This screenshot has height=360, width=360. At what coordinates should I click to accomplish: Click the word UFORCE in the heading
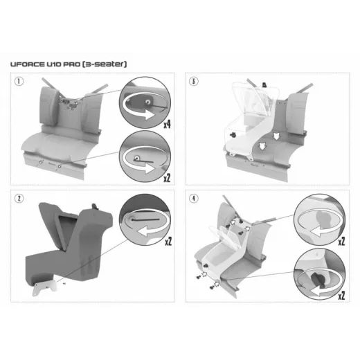click(27, 64)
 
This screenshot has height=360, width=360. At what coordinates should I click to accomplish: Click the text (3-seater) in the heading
click(105, 64)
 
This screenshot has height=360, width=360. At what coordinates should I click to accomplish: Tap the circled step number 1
click(19, 81)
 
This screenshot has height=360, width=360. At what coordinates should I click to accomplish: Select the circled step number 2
click(19, 199)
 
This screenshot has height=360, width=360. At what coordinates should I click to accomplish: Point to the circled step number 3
click(193, 81)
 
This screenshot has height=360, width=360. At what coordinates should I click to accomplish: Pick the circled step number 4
click(193, 199)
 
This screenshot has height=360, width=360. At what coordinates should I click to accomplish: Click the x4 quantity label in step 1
click(167, 125)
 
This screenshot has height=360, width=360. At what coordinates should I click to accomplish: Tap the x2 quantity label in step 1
click(167, 178)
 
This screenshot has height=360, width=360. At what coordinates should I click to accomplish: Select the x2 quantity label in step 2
click(168, 242)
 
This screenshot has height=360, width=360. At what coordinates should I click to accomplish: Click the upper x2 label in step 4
click(341, 242)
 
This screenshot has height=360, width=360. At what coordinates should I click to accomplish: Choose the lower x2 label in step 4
click(341, 296)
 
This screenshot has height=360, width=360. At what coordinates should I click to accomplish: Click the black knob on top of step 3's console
click(264, 85)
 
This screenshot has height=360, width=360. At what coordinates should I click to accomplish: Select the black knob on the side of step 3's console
click(233, 135)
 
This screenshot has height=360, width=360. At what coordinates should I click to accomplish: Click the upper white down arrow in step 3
click(276, 136)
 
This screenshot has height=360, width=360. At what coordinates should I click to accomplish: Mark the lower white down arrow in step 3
click(262, 146)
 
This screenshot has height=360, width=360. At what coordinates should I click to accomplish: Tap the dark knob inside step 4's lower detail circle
click(318, 279)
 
